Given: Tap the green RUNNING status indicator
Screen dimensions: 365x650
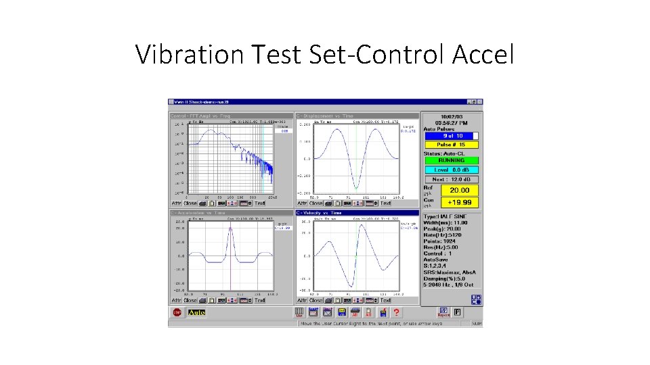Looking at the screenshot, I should [x=451, y=162].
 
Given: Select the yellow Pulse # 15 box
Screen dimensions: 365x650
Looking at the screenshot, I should [x=451, y=145].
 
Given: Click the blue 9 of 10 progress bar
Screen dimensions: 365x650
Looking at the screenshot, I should [x=448, y=136].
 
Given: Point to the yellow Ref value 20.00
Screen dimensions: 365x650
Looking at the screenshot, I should [x=460, y=191].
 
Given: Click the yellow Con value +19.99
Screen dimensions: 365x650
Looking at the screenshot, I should [x=460, y=202].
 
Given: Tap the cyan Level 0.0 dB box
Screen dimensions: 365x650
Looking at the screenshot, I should [x=451, y=170].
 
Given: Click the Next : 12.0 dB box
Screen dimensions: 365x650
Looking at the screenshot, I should [x=451, y=179].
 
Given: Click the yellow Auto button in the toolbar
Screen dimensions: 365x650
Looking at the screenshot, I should [x=196, y=312].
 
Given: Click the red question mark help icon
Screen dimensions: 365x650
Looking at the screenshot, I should [x=397, y=312].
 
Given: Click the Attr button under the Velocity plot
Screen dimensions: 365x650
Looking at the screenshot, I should [x=302, y=300].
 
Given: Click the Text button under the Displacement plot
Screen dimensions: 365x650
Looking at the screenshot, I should [x=385, y=203].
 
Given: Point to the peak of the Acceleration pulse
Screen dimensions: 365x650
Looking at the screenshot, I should [x=231, y=227].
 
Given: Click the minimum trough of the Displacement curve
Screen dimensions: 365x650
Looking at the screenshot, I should [x=354, y=189].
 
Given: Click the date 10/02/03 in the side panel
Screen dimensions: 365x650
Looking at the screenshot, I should [x=451, y=117].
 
